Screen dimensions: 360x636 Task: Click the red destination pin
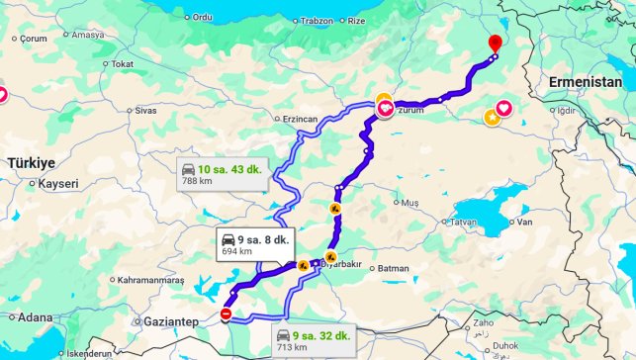coord(496,44)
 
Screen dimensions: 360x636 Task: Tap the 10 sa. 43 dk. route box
coord(221,175)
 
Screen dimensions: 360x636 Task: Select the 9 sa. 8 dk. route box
coord(255,244)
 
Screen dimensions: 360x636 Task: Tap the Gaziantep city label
coord(170,322)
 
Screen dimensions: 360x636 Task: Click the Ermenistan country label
coord(589,85)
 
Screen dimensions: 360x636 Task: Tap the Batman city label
coord(393,268)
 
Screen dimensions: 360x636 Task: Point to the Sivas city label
coord(145,111)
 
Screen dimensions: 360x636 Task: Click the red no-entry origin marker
coord(226,315)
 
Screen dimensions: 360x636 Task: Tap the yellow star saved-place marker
coord(492,118)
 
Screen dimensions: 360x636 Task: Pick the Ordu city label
coord(202,17)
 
